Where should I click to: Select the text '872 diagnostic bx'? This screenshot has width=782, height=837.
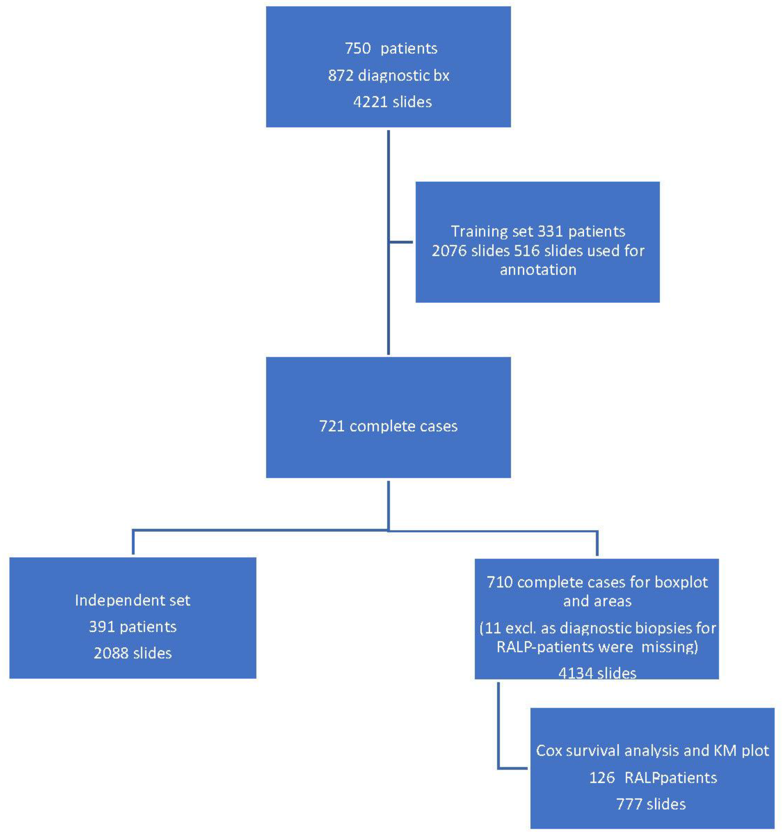pos(389,75)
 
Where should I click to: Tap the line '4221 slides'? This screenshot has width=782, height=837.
pos(392,102)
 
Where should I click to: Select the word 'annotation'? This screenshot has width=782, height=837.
pos(538,269)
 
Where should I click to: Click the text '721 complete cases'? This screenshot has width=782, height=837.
pos(388,426)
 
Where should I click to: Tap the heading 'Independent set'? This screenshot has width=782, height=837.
pos(133,600)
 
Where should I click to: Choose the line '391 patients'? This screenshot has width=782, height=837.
pos(133,626)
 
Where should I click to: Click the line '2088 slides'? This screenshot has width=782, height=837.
pos(133,653)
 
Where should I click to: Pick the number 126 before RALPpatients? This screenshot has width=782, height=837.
pos(602,777)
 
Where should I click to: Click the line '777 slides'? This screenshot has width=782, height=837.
pos(651,804)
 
